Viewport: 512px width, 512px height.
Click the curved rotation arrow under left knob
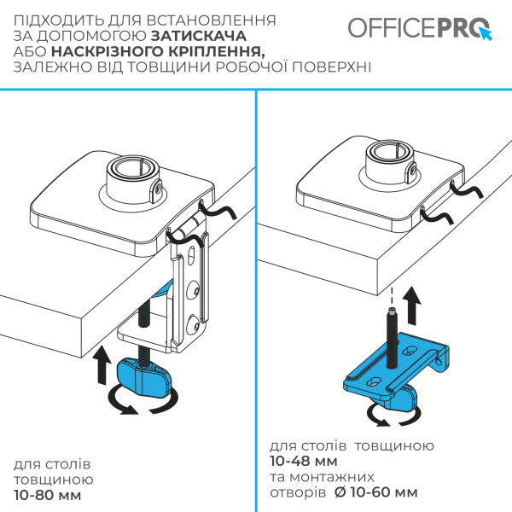[x=136, y=402]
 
